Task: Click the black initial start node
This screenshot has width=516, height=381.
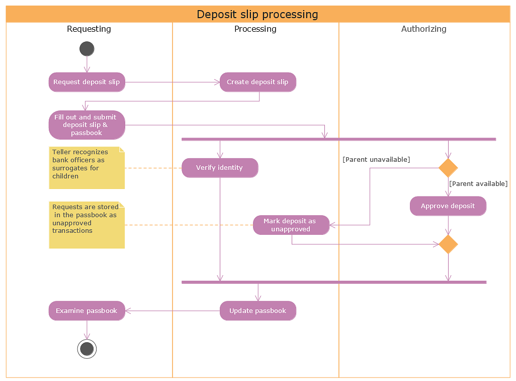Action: coord(87,49)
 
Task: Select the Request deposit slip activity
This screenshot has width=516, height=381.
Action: coord(87,82)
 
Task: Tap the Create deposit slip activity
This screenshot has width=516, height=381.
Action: coord(257,82)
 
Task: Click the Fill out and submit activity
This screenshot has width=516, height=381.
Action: coord(87,125)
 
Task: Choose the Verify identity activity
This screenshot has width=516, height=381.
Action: coord(220,168)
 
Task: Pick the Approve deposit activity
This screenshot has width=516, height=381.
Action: coord(448,206)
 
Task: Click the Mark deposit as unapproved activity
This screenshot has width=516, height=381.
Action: coord(291,225)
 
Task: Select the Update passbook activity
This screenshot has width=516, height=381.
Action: coord(257,311)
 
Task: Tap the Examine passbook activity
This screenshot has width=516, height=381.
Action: coord(87,311)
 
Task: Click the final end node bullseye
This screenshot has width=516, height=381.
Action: coord(87,349)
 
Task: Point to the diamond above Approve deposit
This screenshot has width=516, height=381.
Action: coord(448,168)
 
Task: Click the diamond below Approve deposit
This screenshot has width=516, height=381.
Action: coord(448,244)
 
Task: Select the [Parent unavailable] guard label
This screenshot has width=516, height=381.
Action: coord(376,160)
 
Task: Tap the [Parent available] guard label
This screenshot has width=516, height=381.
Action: coord(478,184)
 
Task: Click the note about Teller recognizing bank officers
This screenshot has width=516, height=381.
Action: coord(87,168)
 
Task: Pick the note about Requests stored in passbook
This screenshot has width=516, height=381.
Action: coord(87,225)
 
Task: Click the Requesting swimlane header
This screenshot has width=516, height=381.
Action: coord(89,29)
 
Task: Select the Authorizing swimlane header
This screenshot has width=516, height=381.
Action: coord(424,29)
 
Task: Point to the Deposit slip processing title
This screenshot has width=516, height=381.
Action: coord(257,14)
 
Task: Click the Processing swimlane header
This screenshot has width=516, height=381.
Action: coord(255,29)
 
